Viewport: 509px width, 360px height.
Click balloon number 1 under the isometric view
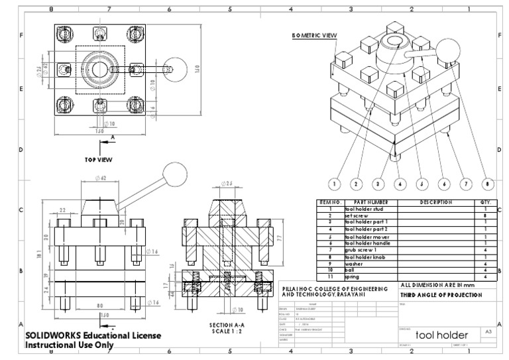[335, 183]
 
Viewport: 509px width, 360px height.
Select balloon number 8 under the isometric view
[488, 183]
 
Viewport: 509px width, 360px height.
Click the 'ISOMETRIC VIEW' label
[315, 35]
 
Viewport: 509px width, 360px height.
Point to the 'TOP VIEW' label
[98, 160]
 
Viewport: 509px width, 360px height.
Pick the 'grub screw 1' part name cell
[361, 250]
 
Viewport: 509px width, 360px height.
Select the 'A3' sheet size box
[488, 331]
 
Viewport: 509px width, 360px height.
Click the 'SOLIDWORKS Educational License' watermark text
[92, 335]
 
